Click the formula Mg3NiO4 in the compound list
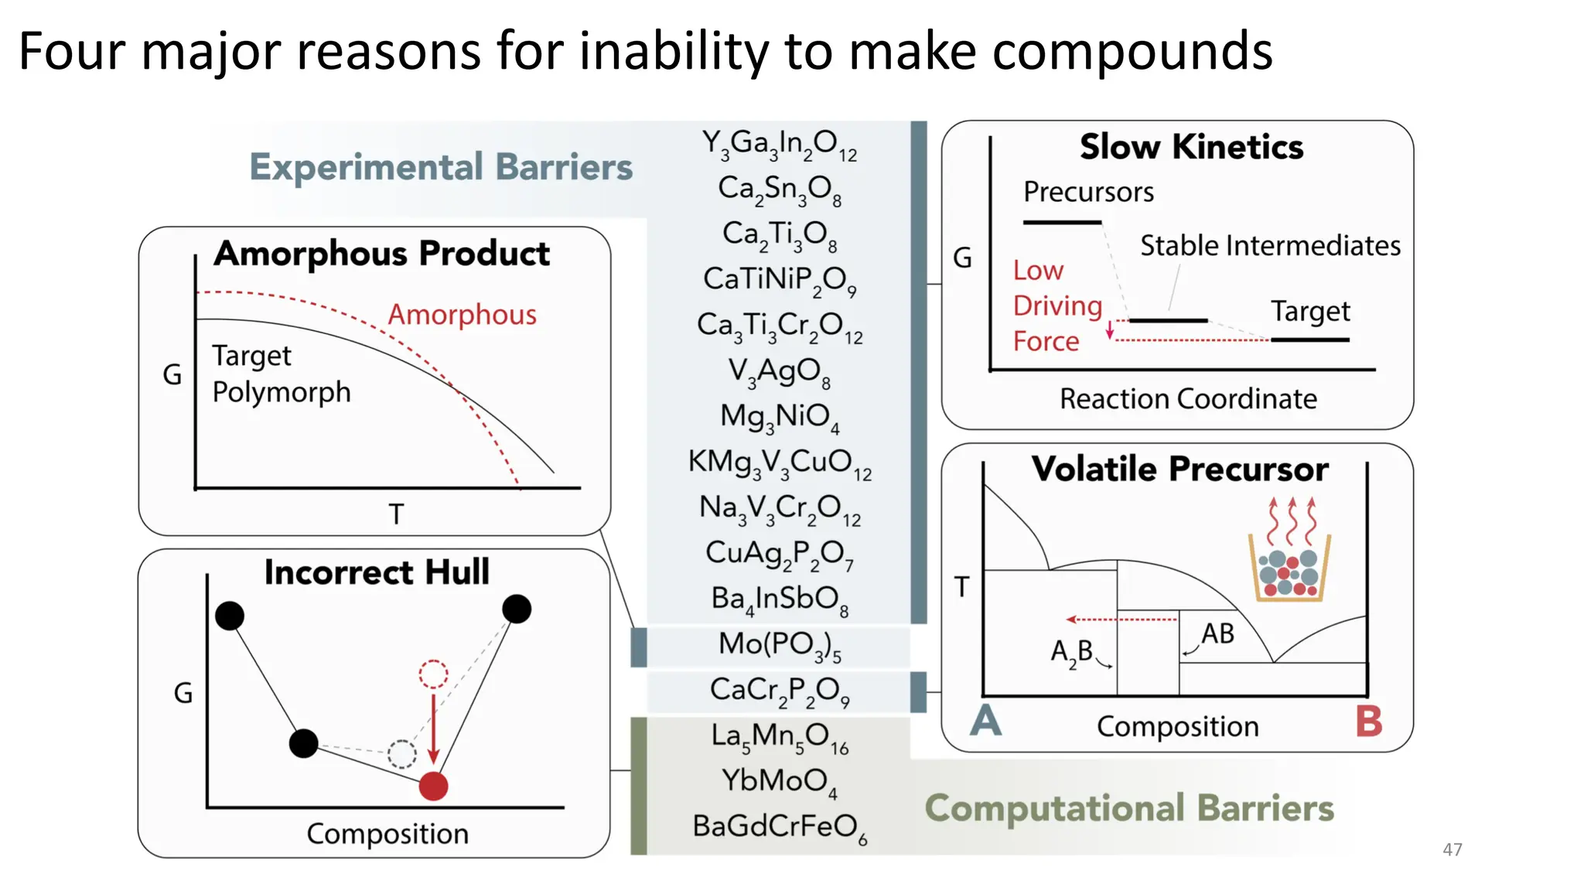pyautogui.click(x=779, y=416)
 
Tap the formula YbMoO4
pyautogui.click(x=779, y=780)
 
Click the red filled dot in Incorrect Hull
pyautogui.click(x=433, y=786)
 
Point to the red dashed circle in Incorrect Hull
pyautogui.click(x=433, y=674)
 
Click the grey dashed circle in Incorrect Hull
pyautogui.click(x=401, y=753)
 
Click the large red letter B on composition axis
pyautogui.click(x=1368, y=721)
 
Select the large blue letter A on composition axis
pyautogui.click(x=986, y=721)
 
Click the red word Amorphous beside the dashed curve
pyautogui.click(x=462, y=315)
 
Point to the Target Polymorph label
pyautogui.click(x=281, y=374)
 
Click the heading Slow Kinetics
pyautogui.click(x=1191, y=147)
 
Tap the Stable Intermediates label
pyautogui.click(x=1270, y=246)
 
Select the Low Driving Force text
pyautogui.click(x=1057, y=306)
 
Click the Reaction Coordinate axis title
pyautogui.click(x=1188, y=399)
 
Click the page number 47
pyautogui.click(x=1452, y=849)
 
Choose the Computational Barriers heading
pyautogui.click(x=1129, y=808)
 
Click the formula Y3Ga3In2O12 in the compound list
pyautogui.click(x=779, y=144)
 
